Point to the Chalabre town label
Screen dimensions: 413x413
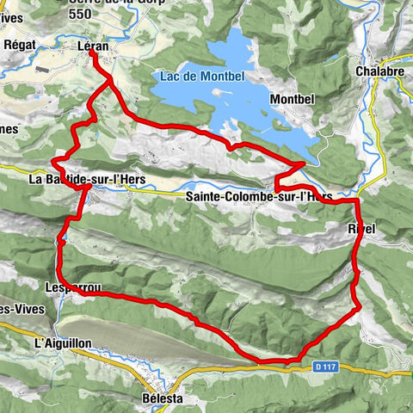tap(378, 71)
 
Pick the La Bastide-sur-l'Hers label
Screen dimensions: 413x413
tap(87, 180)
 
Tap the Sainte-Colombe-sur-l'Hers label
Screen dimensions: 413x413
tap(258, 197)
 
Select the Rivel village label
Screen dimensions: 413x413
tap(362, 228)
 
